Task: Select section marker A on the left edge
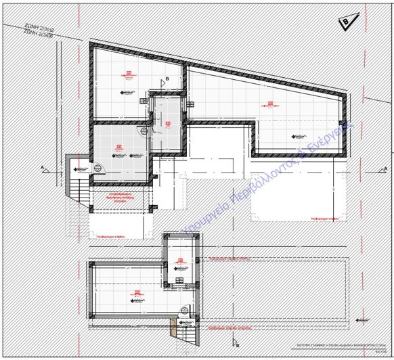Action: pos(43,166)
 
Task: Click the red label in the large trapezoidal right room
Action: pos(273,105)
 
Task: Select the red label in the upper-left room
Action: pos(129,73)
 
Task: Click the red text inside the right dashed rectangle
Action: pos(323,219)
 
